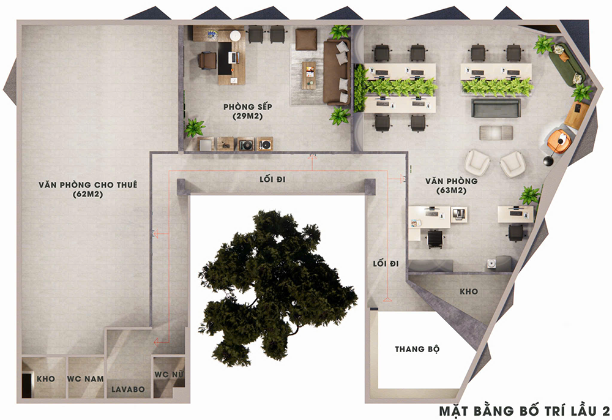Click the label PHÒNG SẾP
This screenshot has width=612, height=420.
point(247,107)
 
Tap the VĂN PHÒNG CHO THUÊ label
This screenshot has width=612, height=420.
point(88,185)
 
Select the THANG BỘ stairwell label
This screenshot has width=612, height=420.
point(417,348)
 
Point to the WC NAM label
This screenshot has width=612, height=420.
point(86,378)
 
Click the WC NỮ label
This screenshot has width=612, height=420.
point(169,374)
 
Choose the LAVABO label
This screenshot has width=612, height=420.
point(128,389)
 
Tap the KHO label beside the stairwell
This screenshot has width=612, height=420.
point(469,291)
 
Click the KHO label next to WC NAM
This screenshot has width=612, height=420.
point(46,378)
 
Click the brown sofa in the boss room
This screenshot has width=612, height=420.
point(336,72)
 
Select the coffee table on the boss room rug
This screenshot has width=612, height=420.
point(308,75)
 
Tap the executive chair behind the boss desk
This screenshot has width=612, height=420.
point(207,60)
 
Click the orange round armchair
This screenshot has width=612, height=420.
point(559,140)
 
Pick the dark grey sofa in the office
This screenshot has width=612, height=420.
point(496,108)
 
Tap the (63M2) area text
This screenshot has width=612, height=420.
point(452,190)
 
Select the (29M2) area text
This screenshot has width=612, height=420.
point(247,116)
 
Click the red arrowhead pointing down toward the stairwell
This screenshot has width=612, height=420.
point(387,299)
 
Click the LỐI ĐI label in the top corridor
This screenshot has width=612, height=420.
point(272,179)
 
